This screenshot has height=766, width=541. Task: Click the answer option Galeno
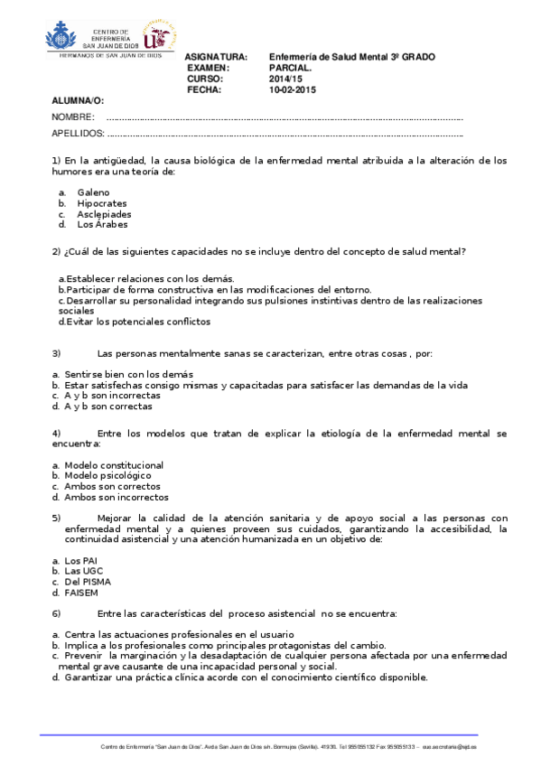coord(93,192)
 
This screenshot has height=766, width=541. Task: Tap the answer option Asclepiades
coord(104,214)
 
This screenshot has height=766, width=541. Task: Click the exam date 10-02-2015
coord(293,89)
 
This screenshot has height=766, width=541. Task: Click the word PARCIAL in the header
coord(290,68)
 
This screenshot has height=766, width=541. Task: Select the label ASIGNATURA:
coord(216,57)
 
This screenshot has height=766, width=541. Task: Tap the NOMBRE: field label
coord(73,118)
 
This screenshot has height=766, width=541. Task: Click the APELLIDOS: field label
coord(79,134)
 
